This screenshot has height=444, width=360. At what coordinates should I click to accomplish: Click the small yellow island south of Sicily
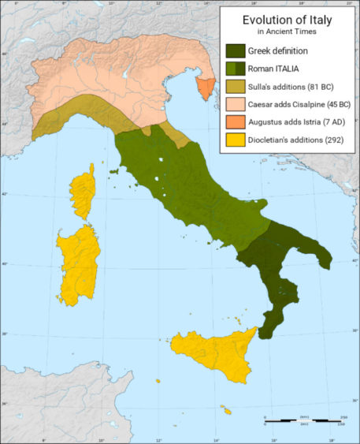226,410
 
